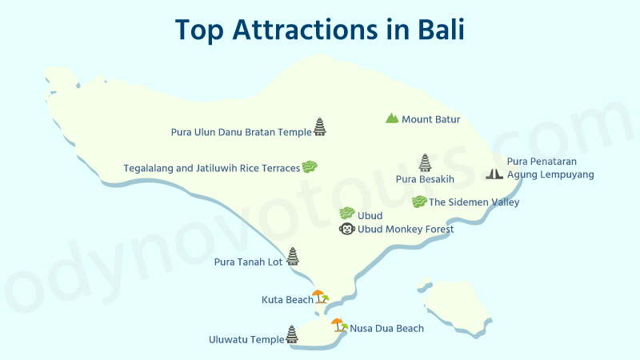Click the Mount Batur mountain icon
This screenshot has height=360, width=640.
coord(391,118)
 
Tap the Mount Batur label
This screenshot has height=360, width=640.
coord(430,120)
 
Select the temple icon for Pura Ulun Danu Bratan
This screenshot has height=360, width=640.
coord(320,126)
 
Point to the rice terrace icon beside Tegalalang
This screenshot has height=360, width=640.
coord(310,166)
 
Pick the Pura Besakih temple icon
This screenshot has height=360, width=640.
coord(424,163)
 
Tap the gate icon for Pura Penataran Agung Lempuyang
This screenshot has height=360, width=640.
coord(494,173)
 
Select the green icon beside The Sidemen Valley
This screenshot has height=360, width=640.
coord(418,202)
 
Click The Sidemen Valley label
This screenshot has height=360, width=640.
coord(474,202)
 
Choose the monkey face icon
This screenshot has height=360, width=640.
coord(347,229)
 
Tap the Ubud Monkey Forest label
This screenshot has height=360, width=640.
coord(406,230)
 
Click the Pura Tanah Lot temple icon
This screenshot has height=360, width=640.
coord(293,256)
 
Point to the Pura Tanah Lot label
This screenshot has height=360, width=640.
coord(249,262)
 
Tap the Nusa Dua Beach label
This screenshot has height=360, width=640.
coord(386,328)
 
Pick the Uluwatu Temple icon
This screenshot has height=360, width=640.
coord(292,334)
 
